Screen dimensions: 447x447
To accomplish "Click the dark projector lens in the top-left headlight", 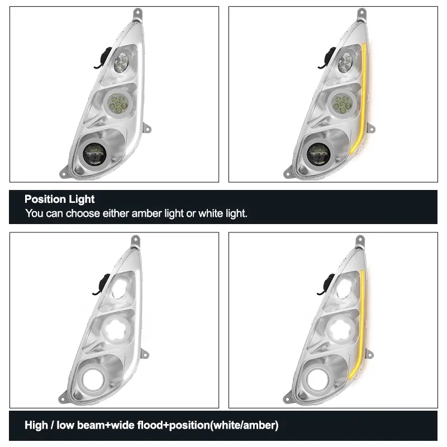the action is [x=94, y=154].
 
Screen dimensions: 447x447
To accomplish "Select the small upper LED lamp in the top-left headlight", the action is [x=122, y=62].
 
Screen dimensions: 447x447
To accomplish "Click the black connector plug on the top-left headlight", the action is [x=104, y=58].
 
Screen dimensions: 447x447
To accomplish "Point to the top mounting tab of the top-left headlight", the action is [x=137, y=13].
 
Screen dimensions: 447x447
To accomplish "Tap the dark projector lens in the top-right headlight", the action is [x=318, y=154].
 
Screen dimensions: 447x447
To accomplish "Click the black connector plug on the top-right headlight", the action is [x=329, y=58].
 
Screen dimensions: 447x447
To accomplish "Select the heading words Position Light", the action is [x=60, y=199].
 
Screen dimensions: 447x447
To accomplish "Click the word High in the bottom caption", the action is [x=36, y=425].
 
